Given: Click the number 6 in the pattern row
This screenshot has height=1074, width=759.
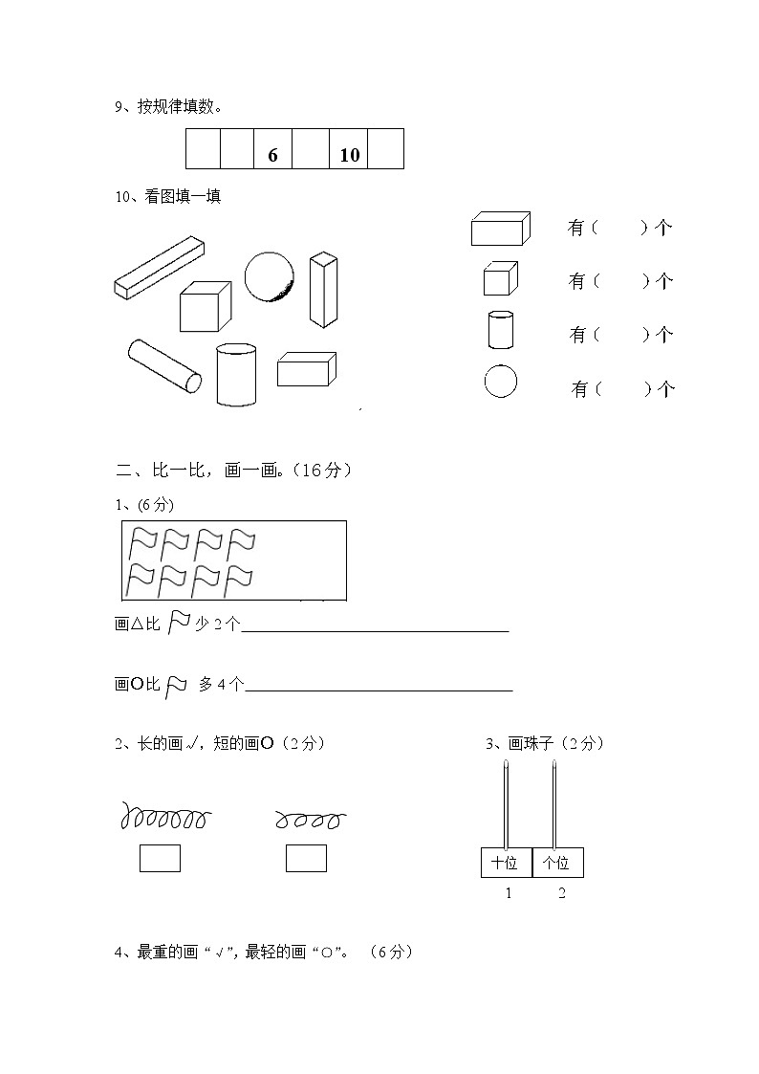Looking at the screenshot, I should [x=273, y=154].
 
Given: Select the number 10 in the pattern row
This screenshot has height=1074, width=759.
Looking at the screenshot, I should [x=350, y=154].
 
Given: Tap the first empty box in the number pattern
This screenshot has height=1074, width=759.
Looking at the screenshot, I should [x=203, y=149].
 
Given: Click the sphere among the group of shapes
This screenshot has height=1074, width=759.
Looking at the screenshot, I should [x=269, y=276].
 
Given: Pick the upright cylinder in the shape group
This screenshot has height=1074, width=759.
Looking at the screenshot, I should [x=236, y=374].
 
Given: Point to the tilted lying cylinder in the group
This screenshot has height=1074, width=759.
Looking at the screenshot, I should [x=164, y=365].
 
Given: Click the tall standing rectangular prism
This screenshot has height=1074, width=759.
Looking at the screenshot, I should [x=323, y=290].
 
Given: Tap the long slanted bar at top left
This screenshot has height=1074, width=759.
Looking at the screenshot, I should [x=160, y=267].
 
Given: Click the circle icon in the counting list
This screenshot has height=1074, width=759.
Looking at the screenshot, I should [x=500, y=382].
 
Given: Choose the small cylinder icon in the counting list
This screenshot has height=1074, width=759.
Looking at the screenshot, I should [x=500, y=330].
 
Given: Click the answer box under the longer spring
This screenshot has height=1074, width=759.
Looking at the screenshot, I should [x=160, y=858].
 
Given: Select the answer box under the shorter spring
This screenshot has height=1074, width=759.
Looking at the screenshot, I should [x=306, y=858].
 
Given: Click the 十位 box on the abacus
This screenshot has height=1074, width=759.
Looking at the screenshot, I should [x=506, y=863].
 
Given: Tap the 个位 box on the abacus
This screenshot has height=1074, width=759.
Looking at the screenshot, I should [x=557, y=863].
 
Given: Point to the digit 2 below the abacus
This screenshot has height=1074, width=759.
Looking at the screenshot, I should [x=561, y=893].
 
